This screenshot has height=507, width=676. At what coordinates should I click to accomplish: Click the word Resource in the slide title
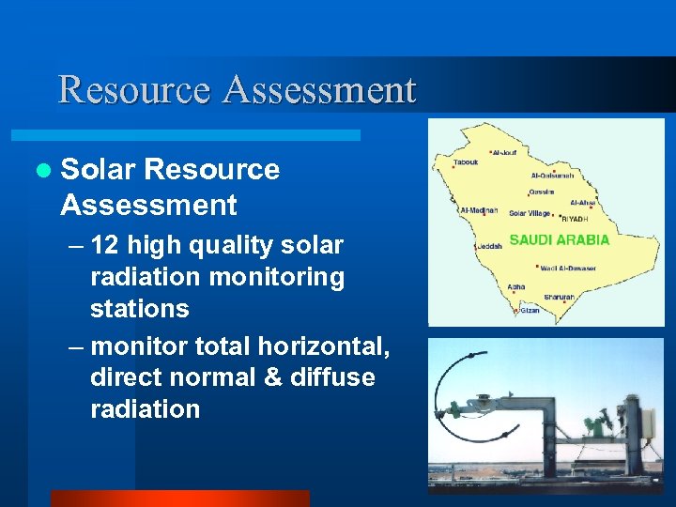(x=136, y=90)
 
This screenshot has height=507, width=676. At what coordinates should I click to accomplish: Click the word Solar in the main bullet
(x=99, y=169)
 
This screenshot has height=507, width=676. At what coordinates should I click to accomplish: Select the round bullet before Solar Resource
(x=42, y=170)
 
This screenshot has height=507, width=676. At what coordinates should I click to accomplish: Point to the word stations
(x=139, y=309)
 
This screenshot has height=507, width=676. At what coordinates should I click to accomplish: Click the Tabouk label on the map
(x=466, y=162)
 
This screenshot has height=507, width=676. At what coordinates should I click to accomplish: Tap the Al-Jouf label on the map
(x=504, y=152)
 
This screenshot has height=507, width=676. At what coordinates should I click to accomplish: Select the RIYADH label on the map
(x=574, y=218)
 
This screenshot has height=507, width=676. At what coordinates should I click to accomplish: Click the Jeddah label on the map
(x=490, y=247)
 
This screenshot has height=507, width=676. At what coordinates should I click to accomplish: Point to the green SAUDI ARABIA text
(x=560, y=239)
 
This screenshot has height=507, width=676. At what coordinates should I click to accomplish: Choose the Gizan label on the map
(x=530, y=310)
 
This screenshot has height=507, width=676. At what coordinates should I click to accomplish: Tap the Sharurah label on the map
(x=560, y=297)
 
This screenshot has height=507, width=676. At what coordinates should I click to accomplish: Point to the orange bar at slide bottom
(x=178, y=499)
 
